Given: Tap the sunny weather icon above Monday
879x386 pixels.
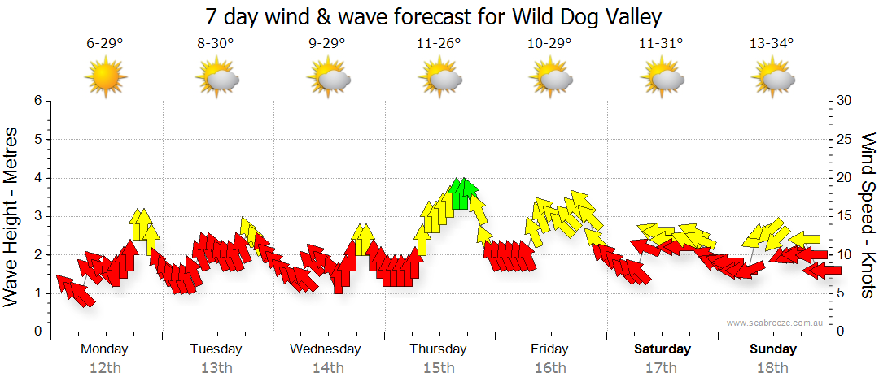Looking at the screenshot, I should pyautogui.click(x=105, y=78).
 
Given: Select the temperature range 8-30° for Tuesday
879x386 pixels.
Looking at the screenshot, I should pyautogui.click(x=216, y=44).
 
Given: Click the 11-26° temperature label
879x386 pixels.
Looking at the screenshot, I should pyautogui.click(x=439, y=44).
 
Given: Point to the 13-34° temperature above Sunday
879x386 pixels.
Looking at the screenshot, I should pyautogui.click(x=772, y=44).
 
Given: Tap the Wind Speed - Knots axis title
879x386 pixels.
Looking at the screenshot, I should pyautogui.click(x=867, y=215).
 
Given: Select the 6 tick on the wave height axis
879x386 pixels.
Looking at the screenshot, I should pyautogui.click(x=37, y=101).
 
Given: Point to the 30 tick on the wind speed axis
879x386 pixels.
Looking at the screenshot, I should pyautogui.click(x=845, y=101).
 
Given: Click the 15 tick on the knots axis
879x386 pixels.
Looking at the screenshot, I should pyautogui.click(x=845, y=216).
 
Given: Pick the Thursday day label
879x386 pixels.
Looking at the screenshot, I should pyautogui.click(x=439, y=349).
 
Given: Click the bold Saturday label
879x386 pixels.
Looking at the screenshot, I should pyautogui.click(x=663, y=349).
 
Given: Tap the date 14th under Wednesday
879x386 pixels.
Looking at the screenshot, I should pyautogui.click(x=327, y=368).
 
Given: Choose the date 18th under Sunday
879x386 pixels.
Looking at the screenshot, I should pyautogui.click(x=772, y=368).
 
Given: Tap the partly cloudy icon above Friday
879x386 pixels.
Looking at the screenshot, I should pyautogui.click(x=552, y=78).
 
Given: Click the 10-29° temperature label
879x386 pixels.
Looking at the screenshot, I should pyautogui.click(x=550, y=44).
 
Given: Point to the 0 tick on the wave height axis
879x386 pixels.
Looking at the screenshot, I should pyautogui.click(x=37, y=332).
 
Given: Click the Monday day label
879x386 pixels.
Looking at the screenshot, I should pyautogui.click(x=105, y=349).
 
